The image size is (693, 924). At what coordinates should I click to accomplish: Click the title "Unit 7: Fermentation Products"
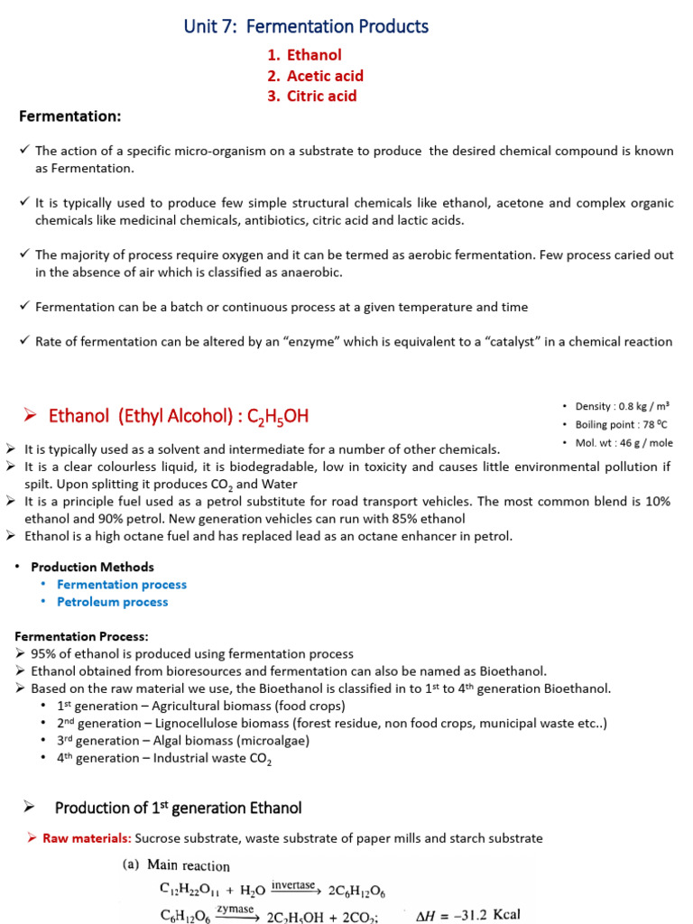[x=306, y=27]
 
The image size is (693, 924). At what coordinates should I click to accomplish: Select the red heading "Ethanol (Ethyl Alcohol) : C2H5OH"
[x=178, y=416]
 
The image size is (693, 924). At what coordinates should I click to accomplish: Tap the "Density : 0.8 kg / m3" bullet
[x=621, y=406]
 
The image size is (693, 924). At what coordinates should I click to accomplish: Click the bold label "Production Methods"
[x=92, y=567]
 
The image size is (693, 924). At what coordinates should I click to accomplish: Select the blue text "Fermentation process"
[x=122, y=584]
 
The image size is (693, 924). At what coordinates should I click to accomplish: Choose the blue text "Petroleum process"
[x=112, y=602]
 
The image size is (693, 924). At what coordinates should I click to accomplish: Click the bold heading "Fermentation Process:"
[x=81, y=636]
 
